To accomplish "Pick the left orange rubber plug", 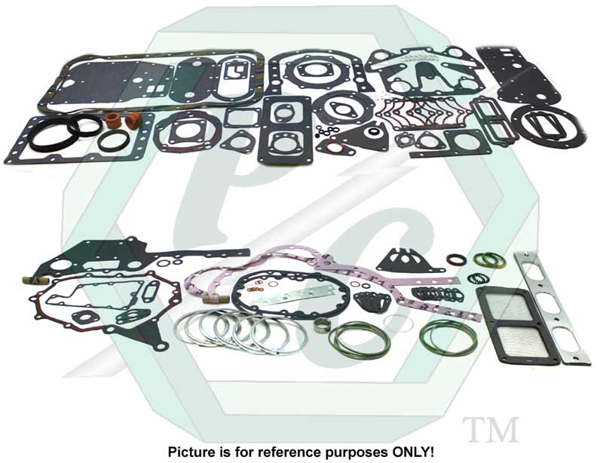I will pos(113,120).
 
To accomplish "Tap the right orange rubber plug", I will pos(134,120).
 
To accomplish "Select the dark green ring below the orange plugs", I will pos(113,140).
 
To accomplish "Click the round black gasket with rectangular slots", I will pos(546,124).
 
